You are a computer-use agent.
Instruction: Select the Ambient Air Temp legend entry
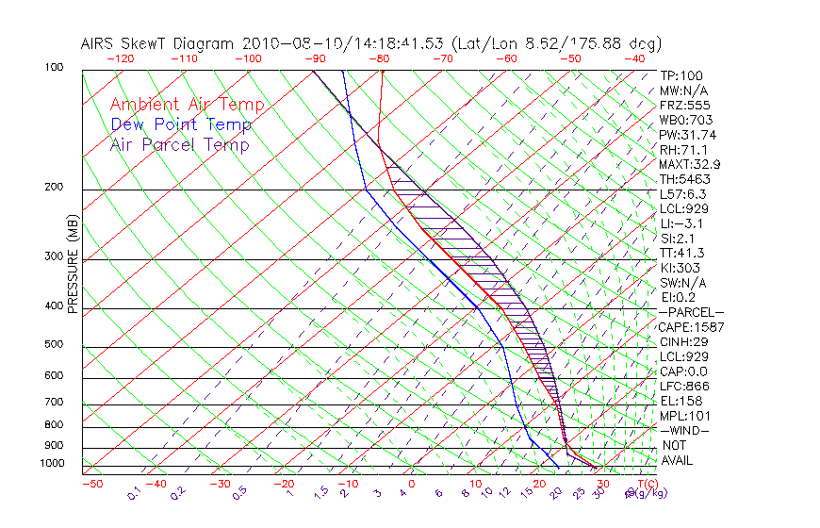pyautogui.click(x=187, y=105)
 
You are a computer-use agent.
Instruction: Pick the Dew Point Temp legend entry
pyautogui.click(x=181, y=124)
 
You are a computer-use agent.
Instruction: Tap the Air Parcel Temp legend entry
pyautogui.click(x=179, y=144)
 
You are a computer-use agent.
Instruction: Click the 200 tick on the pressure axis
pyautogui.click(x=55, y=188)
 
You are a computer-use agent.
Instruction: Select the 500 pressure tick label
pyautogui.click(x=55, y=345)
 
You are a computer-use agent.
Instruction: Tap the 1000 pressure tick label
pyautogui.click(x=53, y=464)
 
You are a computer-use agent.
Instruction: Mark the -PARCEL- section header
pyautogui.click(x=692, y=312)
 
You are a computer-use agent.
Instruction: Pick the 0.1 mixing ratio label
pyautogui.click(x=132, y=493)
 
